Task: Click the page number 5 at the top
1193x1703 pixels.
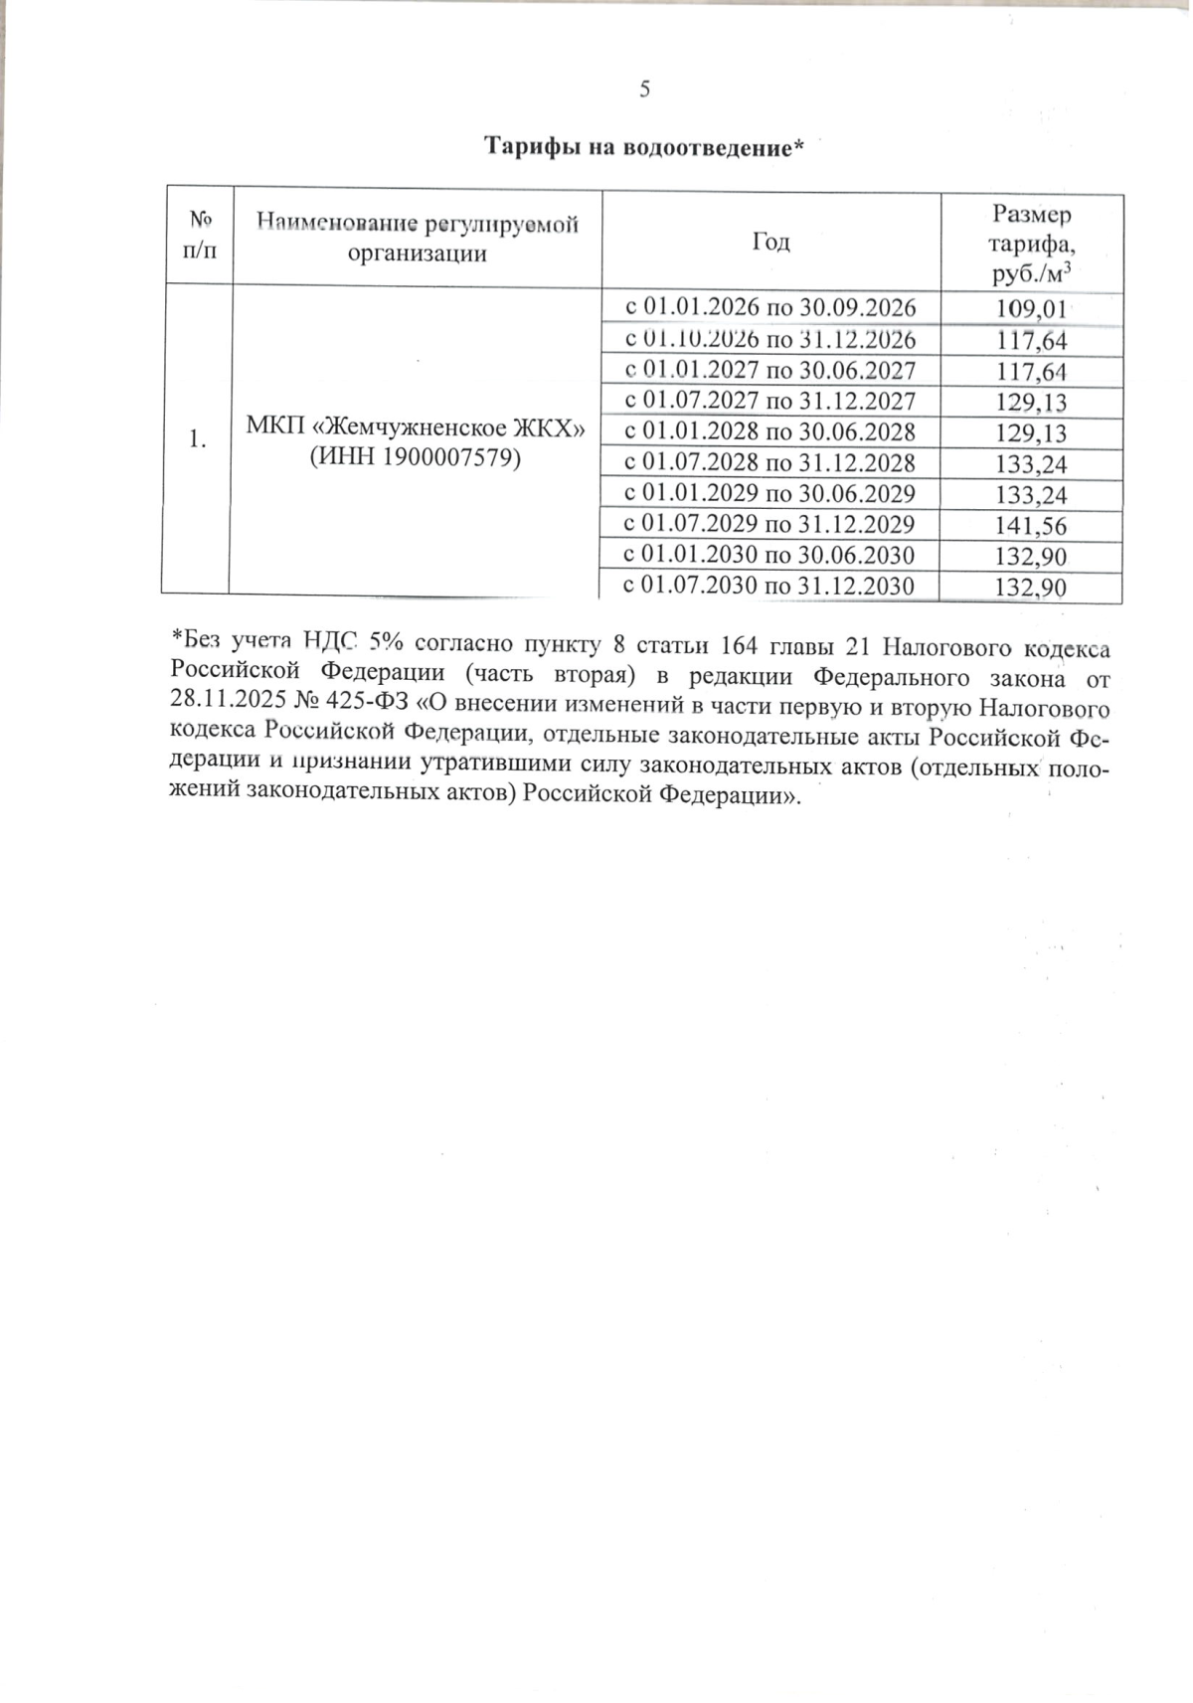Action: click(x=644, y=90)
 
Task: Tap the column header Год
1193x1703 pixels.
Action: click(x=771, y=242)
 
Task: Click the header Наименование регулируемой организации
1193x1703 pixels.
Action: click(x=418, y=239)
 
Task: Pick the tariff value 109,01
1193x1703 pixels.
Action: click(x=1031, y=310)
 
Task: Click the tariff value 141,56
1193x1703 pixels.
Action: click(x=1031, y=526)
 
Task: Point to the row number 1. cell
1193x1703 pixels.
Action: click(x=198, y=439)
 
